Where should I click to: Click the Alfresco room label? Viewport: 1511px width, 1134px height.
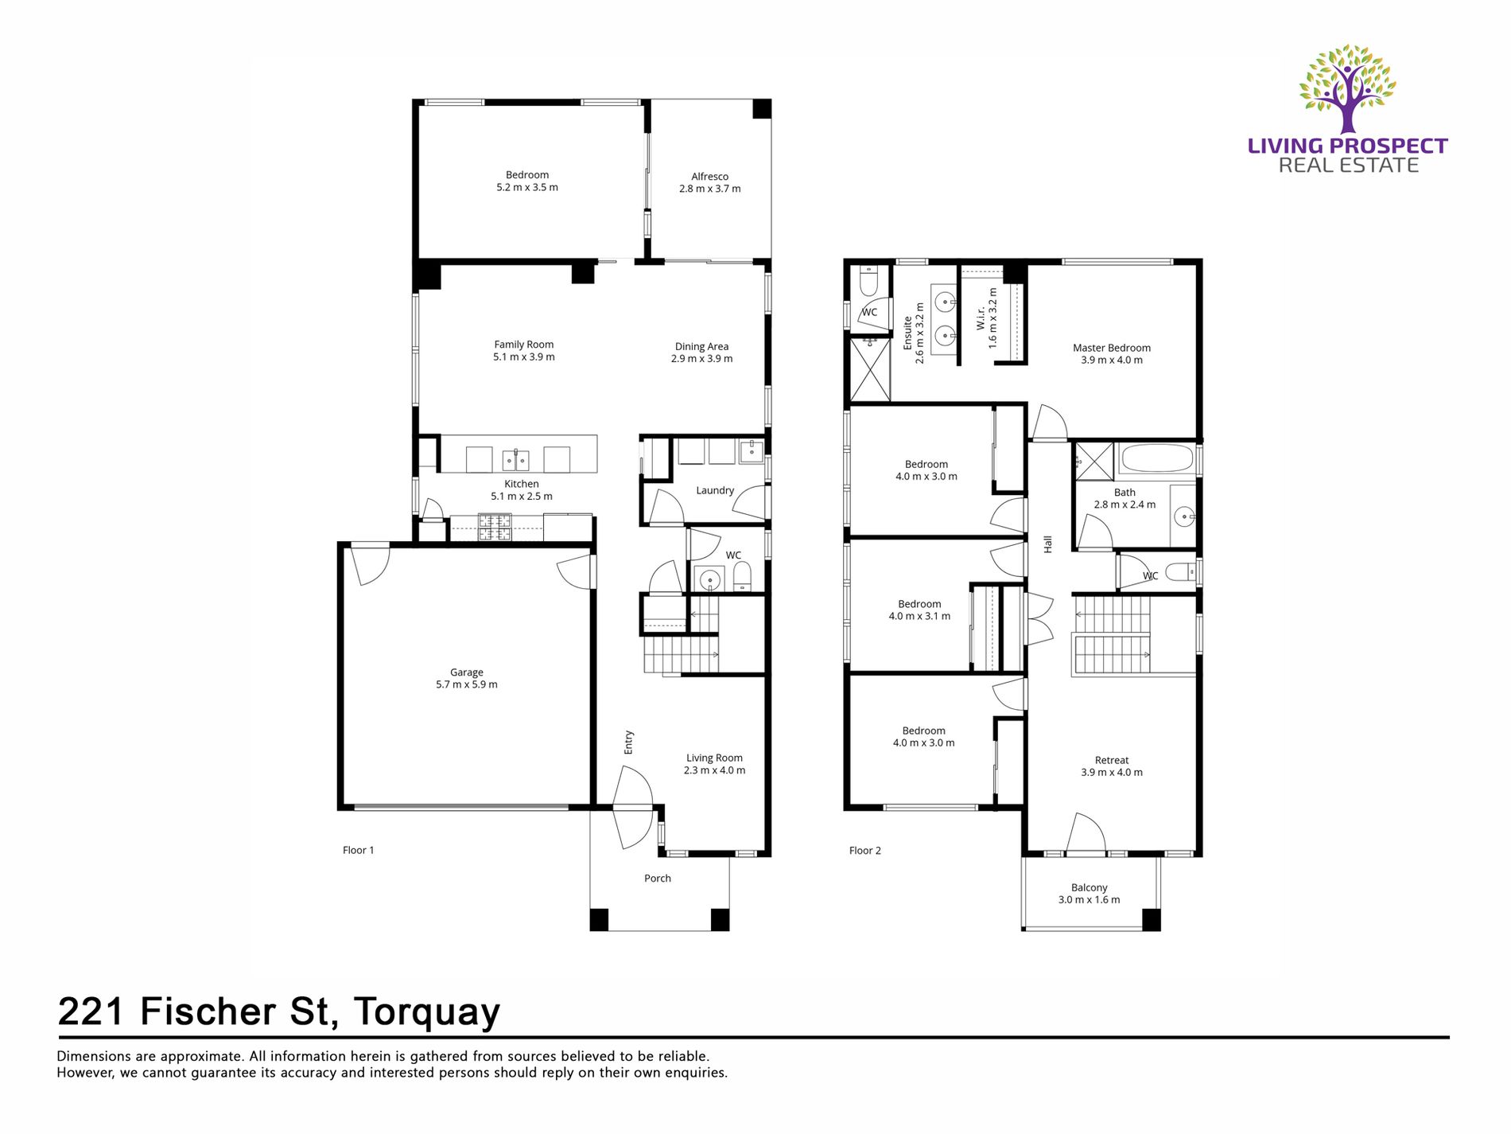[709, 177]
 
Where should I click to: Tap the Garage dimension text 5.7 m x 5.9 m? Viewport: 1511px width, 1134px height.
[467, 685]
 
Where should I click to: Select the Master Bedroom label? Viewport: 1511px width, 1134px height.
[1111, 348]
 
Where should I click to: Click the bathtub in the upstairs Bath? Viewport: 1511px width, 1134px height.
[1156, 459]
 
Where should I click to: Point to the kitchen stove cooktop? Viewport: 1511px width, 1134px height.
[494, 527]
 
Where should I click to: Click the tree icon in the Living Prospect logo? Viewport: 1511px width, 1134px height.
[1347, 88]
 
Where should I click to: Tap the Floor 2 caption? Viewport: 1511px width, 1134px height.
[864, 851]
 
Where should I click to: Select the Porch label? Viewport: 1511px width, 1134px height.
[657, 879]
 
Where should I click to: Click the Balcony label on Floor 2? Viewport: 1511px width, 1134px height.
[1089, 887]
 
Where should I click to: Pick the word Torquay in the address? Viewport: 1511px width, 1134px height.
[427, 1012]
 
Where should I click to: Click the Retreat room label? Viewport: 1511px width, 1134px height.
[1111, 760]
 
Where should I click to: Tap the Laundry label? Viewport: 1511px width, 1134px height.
[714, 491]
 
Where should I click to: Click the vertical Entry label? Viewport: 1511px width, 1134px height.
[628, 742]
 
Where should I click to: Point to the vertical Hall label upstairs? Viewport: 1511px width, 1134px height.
[1047, 544]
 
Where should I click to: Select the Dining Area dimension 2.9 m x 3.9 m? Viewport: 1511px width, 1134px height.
[701, 359]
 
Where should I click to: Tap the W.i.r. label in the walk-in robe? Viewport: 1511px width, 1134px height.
[981, 320]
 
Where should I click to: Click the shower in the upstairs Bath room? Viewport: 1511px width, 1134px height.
[1094, 462]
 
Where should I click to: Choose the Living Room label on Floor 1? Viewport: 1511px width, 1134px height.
[714, 758]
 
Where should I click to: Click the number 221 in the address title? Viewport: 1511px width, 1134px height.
[91, 1012]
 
